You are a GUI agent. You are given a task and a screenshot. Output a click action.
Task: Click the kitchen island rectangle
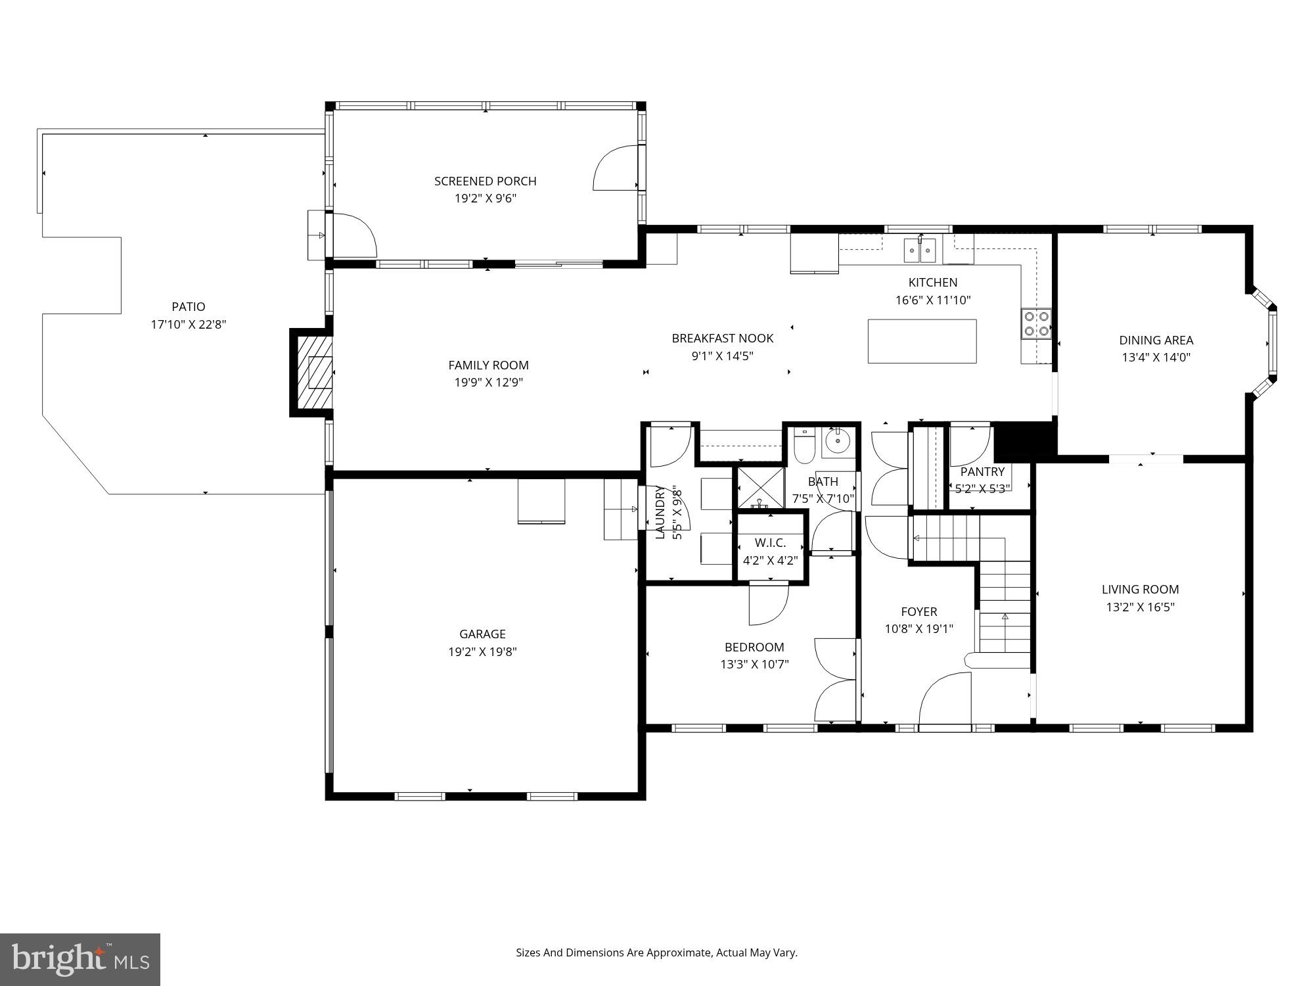[922, 341]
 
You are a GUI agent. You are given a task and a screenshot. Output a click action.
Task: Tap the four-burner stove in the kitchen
[1036, 323]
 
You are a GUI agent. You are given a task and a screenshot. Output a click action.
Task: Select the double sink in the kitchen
[920, 250]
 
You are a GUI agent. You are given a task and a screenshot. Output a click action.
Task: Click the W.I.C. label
[770, 543]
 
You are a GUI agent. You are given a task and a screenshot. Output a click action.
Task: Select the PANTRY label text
[982, 471]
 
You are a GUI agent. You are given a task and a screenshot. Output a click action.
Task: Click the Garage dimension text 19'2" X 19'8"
[482, 651]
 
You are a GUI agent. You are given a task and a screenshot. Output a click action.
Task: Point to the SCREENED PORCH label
[485, 181]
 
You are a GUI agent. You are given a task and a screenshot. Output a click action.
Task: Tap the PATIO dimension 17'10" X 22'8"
[189, 324]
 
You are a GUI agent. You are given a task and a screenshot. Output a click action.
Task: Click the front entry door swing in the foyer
[945, 700]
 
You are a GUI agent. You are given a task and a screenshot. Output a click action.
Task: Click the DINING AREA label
[1156, 340]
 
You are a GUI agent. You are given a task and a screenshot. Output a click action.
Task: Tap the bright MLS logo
[79, 959]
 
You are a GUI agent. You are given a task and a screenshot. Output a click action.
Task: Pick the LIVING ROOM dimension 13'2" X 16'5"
[1140, 607]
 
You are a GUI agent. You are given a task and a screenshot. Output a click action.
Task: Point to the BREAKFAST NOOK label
[722, 338]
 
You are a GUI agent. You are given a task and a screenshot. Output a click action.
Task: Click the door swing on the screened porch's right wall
[616, 168]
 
